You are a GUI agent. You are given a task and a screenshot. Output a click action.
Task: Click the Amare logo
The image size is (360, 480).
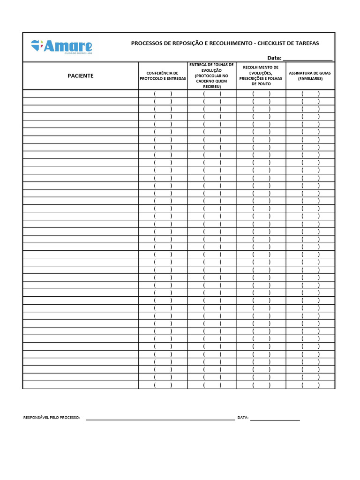click(61, 47)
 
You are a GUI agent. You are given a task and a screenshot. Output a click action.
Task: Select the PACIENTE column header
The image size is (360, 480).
click(80, 76)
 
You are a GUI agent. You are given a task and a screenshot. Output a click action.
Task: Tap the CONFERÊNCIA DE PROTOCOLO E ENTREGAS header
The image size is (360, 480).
click(163, 76)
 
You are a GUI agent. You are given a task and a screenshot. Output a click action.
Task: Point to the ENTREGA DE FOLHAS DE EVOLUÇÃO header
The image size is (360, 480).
click(211, 75)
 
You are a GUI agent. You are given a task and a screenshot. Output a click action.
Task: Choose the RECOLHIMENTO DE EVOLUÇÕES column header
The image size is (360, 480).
click(261, 75)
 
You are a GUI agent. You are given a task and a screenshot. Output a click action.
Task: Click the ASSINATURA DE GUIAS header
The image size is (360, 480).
click(310, 76)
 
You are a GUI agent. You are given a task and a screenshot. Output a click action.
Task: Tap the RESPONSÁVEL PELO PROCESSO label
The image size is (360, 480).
click(52, 418)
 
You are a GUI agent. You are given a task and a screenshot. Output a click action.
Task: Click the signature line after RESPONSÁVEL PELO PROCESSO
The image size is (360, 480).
click(160, 418)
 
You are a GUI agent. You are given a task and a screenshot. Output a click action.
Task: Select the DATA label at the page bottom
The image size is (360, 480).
click(243, 418)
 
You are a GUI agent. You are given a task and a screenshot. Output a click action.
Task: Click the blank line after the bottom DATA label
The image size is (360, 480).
click(275, 418)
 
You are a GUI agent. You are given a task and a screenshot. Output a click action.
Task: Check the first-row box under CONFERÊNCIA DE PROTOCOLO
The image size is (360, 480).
click(163, 94)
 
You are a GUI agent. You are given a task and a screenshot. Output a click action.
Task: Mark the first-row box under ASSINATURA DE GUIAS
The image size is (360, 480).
click(310, 94)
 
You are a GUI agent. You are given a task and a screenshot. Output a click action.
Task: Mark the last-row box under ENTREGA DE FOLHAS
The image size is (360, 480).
click(212, 385)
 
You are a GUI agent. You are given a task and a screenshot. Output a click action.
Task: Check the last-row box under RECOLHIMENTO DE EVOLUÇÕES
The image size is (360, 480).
click(261, 385)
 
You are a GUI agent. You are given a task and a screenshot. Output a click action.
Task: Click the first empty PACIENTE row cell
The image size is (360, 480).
click(80, 94)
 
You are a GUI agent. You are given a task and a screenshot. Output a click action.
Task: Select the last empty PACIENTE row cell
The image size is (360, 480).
click(80, 385)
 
